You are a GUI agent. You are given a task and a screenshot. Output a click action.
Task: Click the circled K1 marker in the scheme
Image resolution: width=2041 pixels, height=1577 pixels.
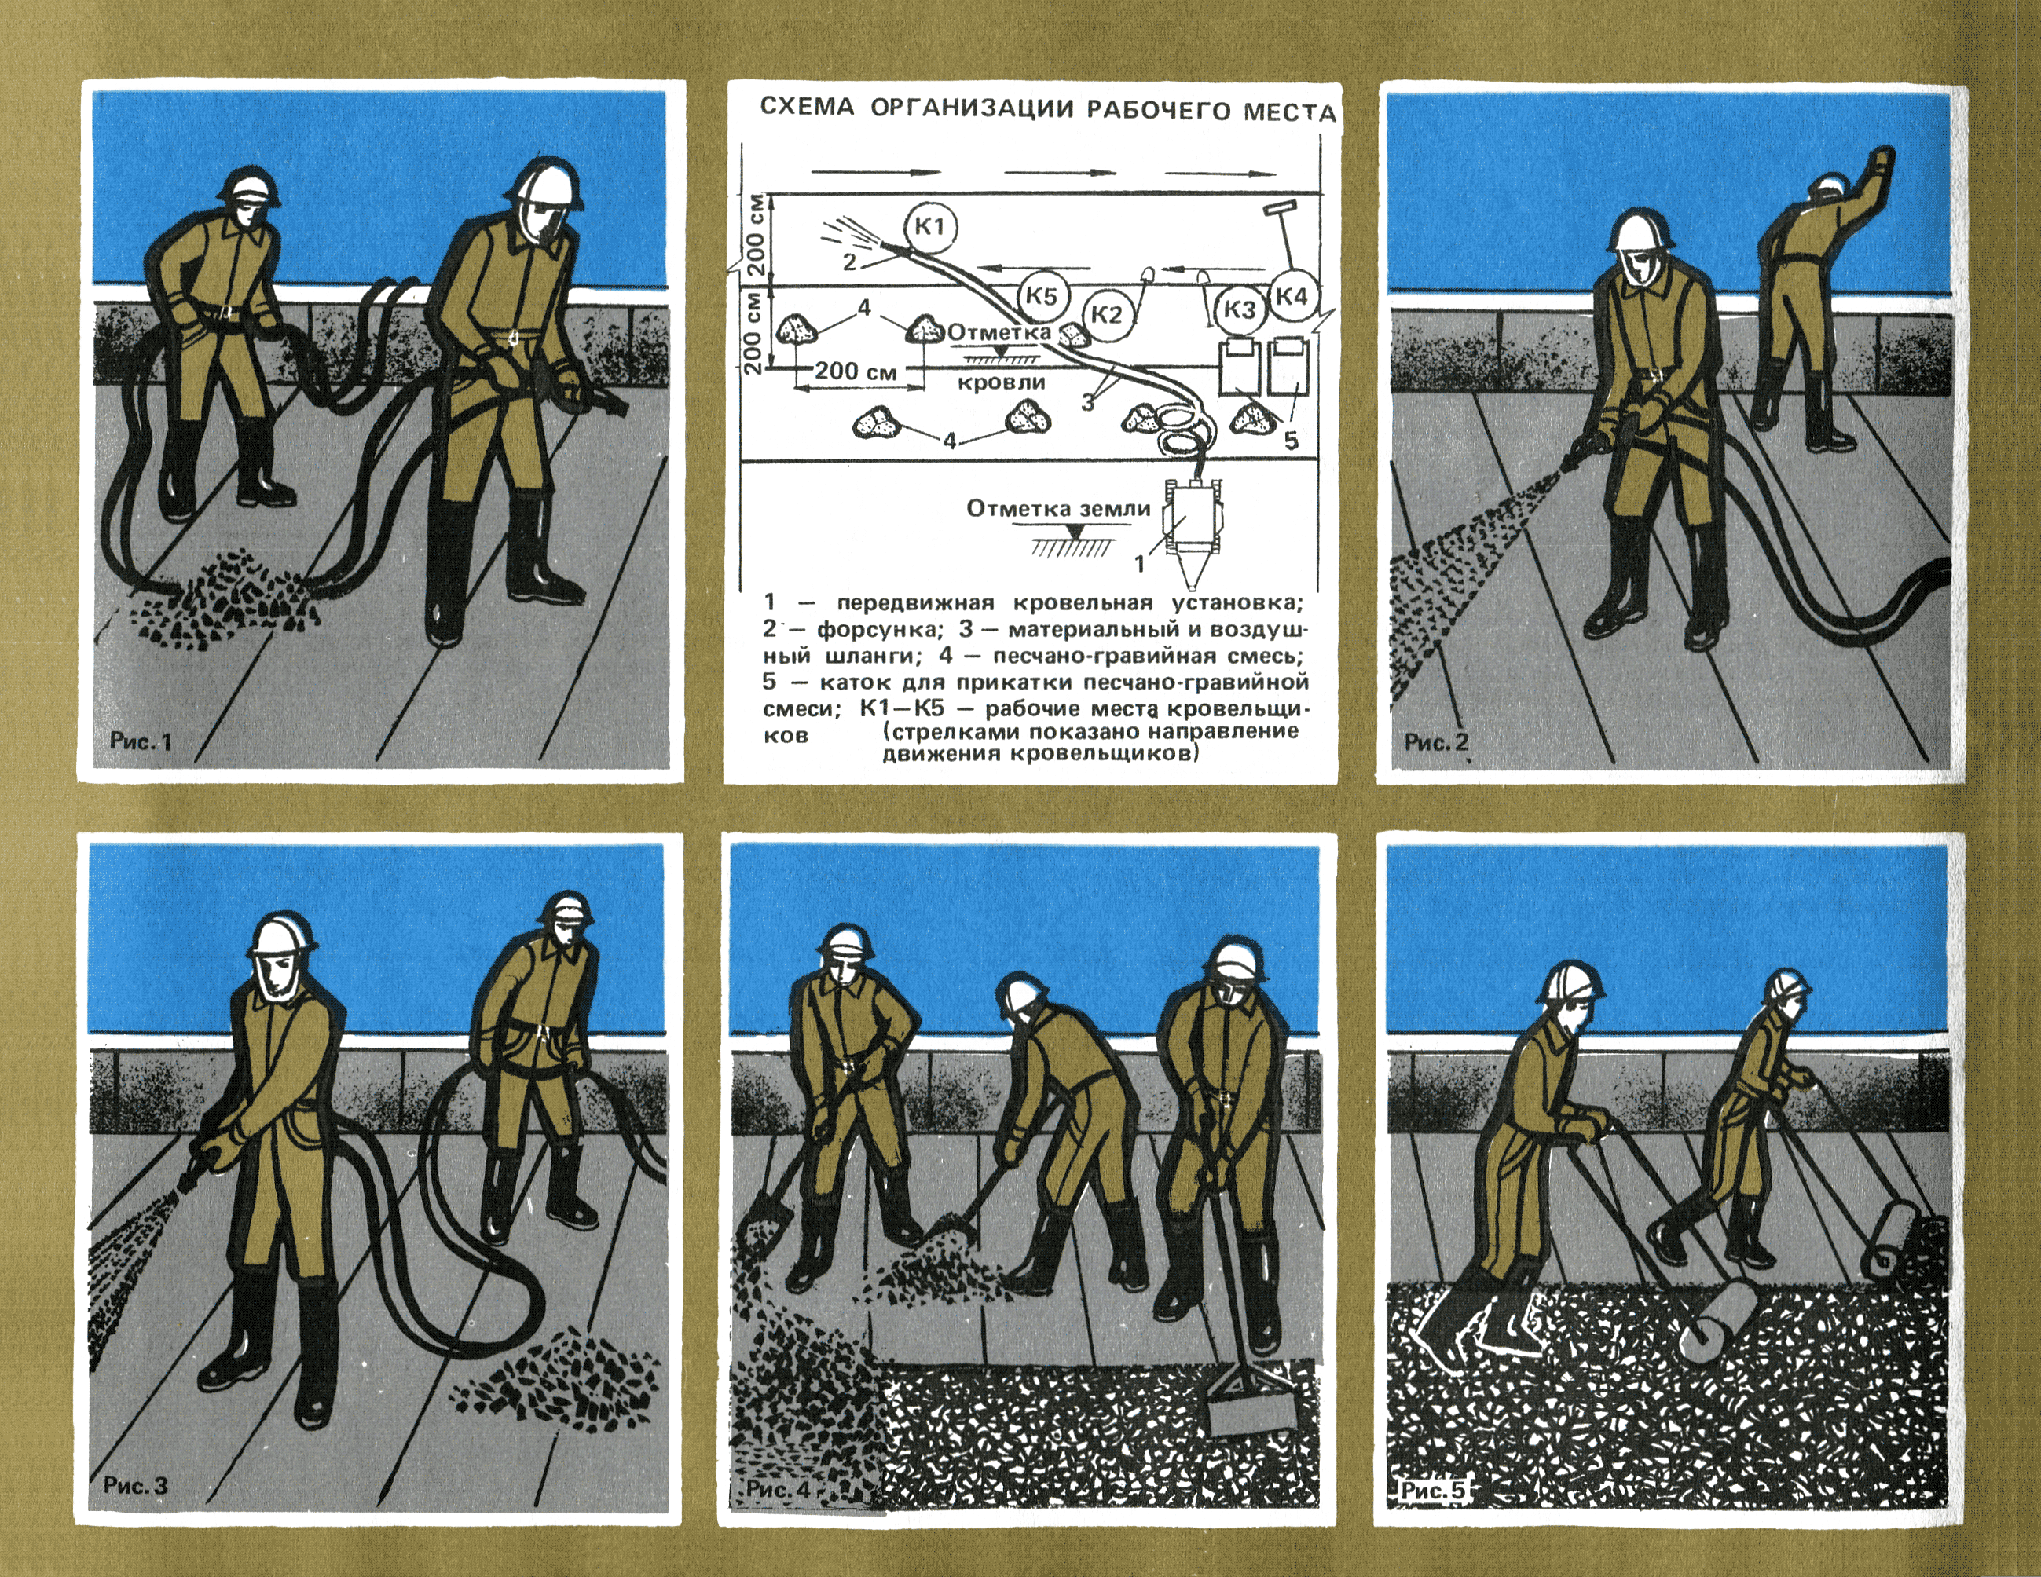[x=931, y=226]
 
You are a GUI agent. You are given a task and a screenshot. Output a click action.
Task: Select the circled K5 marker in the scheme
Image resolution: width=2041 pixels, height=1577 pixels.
[x=1041, y=296]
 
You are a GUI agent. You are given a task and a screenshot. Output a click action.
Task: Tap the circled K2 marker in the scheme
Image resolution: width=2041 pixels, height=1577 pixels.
[x=1106, y=314]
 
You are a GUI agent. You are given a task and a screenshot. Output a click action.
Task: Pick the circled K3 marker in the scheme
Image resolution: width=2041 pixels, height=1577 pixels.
[x=1240, y=309]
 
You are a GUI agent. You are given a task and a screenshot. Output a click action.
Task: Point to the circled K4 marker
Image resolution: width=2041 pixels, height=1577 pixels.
[x=1292, y=296]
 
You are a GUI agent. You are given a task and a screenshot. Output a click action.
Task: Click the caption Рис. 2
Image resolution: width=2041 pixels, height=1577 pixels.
[x=1436, y=742]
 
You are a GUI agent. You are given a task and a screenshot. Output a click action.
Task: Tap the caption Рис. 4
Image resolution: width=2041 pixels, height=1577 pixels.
[x=779, y=1488]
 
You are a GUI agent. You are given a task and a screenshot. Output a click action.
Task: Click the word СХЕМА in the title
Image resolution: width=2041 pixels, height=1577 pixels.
[x=808, y=107]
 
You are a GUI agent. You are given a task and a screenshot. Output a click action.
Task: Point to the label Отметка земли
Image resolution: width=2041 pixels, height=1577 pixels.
[x=1058, y=509]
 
